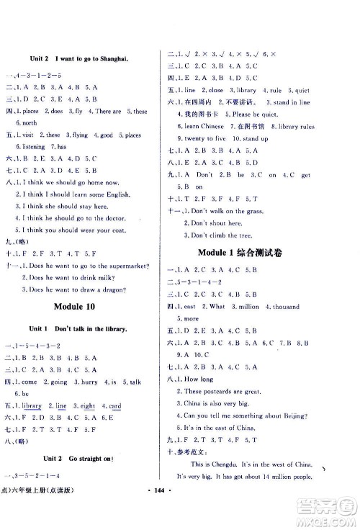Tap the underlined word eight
click(85, 406)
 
